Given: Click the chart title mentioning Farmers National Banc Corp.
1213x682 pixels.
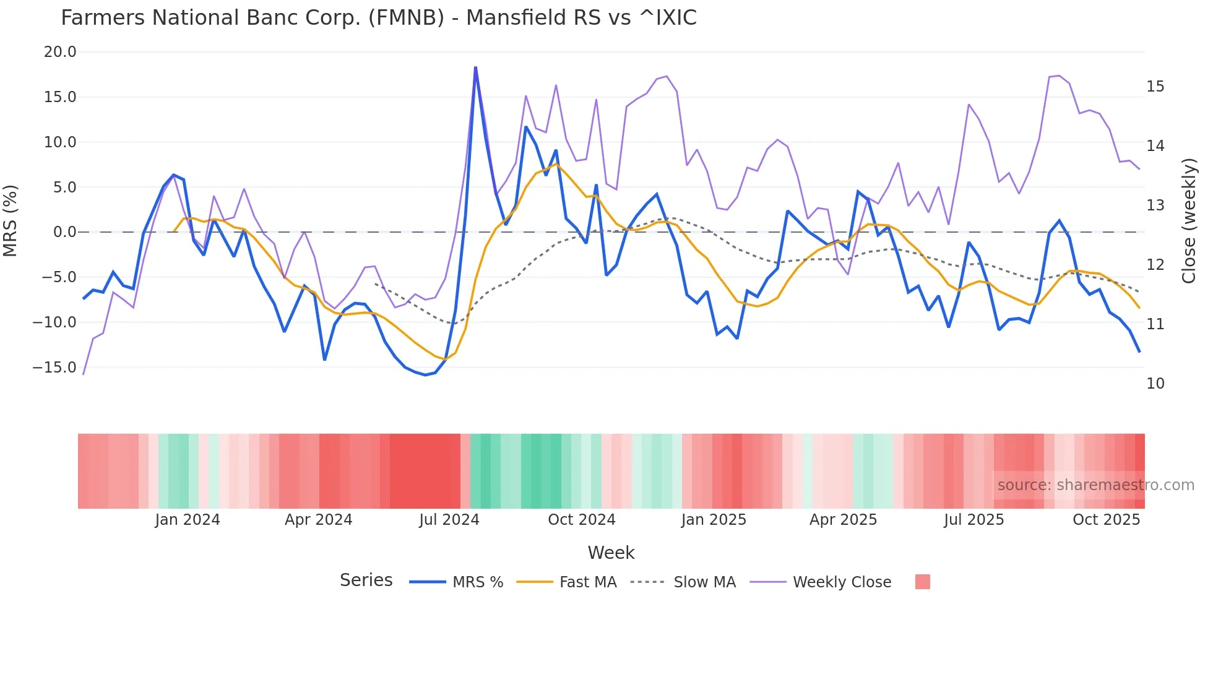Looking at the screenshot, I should point(378,18).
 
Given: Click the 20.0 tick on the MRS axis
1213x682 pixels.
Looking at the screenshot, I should point(60,52).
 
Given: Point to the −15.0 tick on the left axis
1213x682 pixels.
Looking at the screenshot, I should point(55,368).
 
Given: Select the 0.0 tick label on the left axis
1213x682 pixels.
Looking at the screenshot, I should point(65,232).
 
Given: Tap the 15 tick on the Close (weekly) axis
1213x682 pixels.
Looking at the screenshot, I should point(1155,87).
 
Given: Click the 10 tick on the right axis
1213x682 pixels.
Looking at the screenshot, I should point(1155,384).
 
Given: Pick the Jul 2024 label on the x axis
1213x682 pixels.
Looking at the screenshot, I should point(449,520).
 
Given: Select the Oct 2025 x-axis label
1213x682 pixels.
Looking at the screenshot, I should point(1106,520).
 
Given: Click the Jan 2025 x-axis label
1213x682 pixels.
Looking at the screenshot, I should point(714,520).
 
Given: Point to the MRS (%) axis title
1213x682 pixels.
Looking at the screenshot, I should point(11,221).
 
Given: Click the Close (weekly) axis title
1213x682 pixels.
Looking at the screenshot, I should point(1189,221).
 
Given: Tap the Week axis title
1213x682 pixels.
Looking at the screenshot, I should point(611,553).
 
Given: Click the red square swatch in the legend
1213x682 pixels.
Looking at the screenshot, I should point(922,582).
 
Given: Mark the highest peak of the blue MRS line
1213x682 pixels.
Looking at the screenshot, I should point(475,67).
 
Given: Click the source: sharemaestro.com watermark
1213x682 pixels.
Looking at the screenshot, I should point(1095,485).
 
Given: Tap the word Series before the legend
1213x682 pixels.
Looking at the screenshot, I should point(366,581).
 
